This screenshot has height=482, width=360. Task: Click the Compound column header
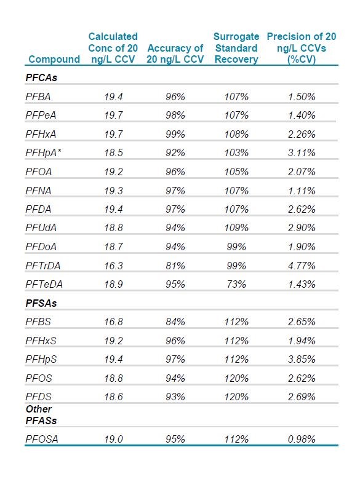[54, 59]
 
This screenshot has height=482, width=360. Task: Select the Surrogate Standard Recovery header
[236, 48]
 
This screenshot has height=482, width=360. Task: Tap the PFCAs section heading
[41, 77]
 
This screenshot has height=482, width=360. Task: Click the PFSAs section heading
[41, 303]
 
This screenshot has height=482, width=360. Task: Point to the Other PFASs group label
[41, 414]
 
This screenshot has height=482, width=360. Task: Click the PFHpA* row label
[43, 152]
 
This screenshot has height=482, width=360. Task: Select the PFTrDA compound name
[43, 266]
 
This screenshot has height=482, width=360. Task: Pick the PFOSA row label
[42, 439]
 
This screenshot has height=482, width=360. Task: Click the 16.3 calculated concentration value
[113, 266]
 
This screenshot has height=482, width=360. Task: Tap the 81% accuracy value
[175, 266]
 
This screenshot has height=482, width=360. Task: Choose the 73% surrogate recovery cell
[236, 284]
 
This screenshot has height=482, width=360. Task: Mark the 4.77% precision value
[302, 266]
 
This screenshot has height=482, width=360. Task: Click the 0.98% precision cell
[302, 439]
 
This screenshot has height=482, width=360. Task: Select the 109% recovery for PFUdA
[236, 227]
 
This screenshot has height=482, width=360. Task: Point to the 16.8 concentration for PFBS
[113, 322]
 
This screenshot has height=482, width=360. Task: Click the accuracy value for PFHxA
[175, 134]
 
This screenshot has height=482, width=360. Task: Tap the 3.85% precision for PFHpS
[302, 359]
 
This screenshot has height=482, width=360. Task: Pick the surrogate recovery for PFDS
[236, 397]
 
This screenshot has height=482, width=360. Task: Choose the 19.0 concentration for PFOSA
[113, 439]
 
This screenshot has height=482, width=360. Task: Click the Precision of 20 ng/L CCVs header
[302, 48]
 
